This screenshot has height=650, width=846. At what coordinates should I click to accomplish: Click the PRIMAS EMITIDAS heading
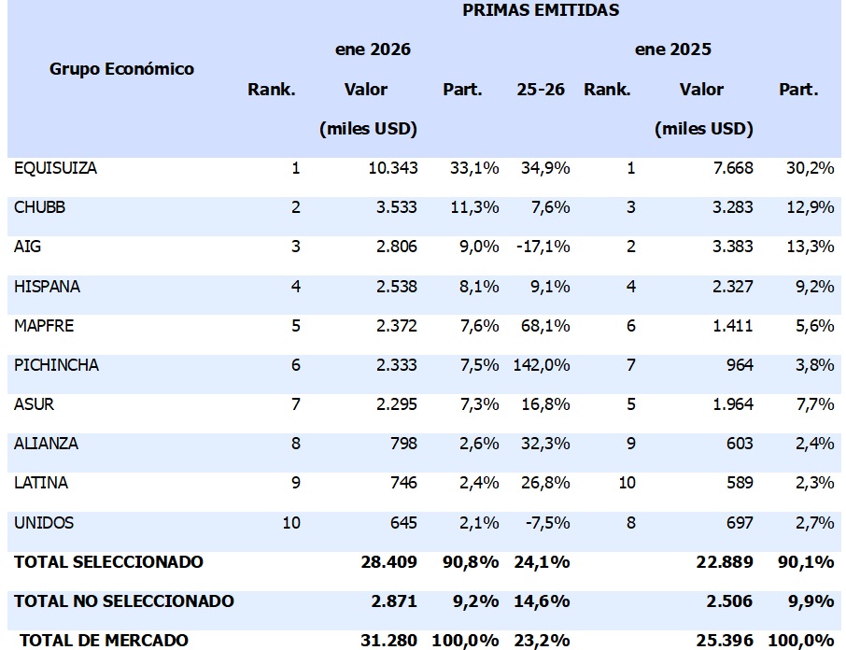541,11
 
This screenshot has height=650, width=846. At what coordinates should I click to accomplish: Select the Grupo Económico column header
121,69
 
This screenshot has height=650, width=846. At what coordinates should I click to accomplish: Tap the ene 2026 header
373,49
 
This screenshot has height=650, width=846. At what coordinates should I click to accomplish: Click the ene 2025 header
672,49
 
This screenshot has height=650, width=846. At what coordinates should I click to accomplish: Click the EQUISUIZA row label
55,169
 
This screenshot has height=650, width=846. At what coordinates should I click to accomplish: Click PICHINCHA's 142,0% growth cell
541,365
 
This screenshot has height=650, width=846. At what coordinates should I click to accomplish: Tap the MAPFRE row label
44,326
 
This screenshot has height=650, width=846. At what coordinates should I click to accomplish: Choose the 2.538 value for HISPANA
395,287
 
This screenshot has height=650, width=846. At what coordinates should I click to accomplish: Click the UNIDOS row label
44,523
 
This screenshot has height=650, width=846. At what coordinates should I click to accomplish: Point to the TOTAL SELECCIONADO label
108,562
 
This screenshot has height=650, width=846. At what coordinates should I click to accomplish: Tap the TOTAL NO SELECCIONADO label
123,601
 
